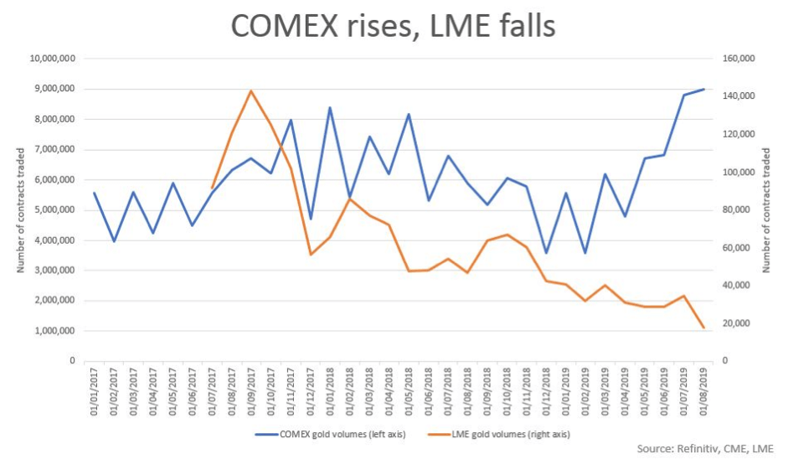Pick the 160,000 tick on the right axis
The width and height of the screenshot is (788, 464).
tap(738, 59)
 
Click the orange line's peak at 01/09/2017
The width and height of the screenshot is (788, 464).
tap(250, 90)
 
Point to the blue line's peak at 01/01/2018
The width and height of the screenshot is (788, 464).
tap(330, 107)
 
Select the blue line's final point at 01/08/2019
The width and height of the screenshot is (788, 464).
tap(703, 89)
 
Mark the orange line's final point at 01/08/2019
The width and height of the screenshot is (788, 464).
tap(703, 327)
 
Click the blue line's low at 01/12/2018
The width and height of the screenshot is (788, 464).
tap(546, 253)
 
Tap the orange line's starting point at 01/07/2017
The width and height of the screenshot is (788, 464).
tap(212, 188)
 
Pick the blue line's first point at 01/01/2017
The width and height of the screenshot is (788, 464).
tap(94, 193)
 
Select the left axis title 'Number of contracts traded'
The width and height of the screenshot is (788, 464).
tap(19, 210)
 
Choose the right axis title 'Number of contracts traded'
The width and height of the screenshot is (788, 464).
tap(766, 210)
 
